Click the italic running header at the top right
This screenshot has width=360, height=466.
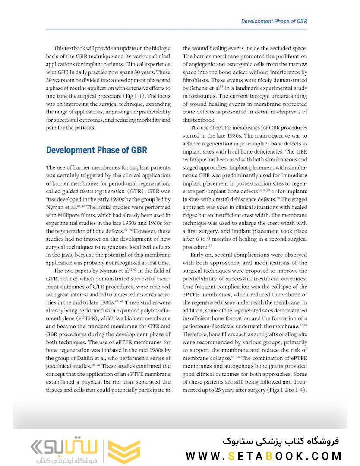coord(274,21)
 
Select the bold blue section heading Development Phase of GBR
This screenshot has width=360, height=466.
coord(97,150)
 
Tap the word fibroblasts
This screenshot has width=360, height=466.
coord(198,80)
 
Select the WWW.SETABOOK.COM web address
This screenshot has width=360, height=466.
coord(264,456)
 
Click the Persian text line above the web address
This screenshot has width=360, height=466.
coord(281,441)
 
